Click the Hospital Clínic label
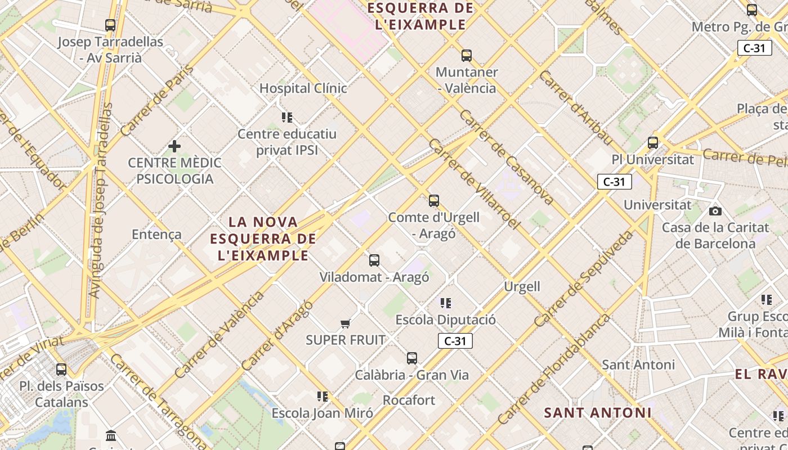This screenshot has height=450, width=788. (x=303, y=88)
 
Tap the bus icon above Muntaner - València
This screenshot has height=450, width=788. (x=466, y=56)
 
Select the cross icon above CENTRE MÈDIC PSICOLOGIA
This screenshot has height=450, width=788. (x=174, y=146)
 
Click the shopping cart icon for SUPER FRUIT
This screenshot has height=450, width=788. (x=346, y=323)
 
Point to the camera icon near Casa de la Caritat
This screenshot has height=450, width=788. (x=715, y=211)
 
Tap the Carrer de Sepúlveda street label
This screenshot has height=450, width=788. (x=583, y=280)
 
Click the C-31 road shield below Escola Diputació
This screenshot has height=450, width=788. (x=455, y=341)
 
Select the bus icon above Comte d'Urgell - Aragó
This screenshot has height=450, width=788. (x=433, y=201)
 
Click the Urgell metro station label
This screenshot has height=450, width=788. (x=522, y=286)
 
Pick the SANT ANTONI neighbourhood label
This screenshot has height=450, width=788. (x=598, y=413)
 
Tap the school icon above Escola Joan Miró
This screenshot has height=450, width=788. (x=322, y=397)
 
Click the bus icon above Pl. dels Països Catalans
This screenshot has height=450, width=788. (x=61, y=370)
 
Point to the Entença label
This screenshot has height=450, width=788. (x=156, y=235)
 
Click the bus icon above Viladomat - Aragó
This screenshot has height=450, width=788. (x=374, y=260)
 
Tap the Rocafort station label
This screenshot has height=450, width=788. (x=409, y=400)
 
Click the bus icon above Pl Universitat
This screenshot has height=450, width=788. (x=653, y=143)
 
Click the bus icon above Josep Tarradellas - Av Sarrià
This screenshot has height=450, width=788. (x=110, y=25)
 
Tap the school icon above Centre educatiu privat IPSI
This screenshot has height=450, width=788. (x=287, y=118)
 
